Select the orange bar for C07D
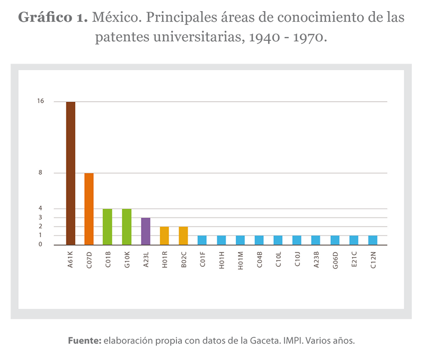[89, 209]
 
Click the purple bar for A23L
[145, 231]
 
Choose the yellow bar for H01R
[164, 236]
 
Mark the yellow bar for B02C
[183, 236]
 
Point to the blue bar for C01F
[202, 240]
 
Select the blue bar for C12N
[373, 240]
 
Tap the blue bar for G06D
[334, 240]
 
